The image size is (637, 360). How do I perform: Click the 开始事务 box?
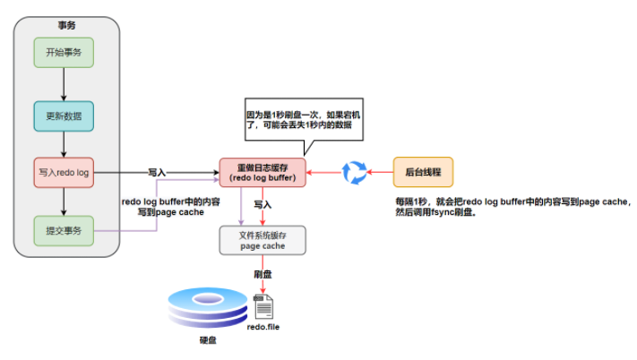(x=64, y=53)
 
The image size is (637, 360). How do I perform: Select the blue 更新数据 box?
(x=64, y=116)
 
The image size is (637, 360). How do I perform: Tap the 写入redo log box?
(x=64, y=172)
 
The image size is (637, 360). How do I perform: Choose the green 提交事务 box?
(x=64, y=231)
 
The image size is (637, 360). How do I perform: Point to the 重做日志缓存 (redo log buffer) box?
(x=262, y=172)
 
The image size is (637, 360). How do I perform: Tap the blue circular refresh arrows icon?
(x=355, y=172)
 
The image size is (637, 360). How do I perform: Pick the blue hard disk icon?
(x=208, y=310)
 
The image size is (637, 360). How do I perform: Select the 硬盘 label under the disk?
(x=208, y=341)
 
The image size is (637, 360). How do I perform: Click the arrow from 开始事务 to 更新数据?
(x=64, y=83)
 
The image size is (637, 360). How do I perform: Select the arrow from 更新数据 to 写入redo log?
(x=64, y=143)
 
